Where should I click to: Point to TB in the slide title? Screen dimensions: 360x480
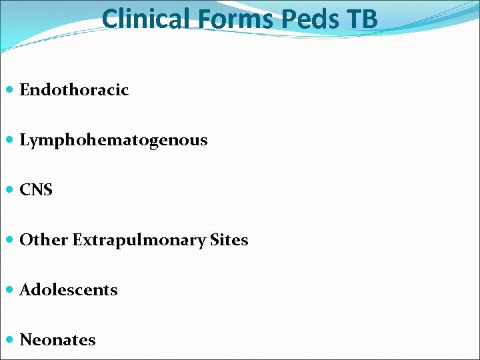coord(362,19)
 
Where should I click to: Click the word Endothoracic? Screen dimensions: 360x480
coord(74,90)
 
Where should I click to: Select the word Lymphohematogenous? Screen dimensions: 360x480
coord(113,140)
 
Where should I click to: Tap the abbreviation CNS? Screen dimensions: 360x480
coord(36,190)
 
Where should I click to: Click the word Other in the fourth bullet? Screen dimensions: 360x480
coord(44,240)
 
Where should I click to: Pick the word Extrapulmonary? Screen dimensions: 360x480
coord(139,240)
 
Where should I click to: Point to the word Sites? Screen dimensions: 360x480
coord(229,240)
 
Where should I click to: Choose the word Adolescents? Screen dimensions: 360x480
coord(69,290)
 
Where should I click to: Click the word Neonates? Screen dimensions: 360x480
coord(57,340)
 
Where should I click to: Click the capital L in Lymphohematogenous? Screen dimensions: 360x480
coord(25,140)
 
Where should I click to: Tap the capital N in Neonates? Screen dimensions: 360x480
coord(27,340)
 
